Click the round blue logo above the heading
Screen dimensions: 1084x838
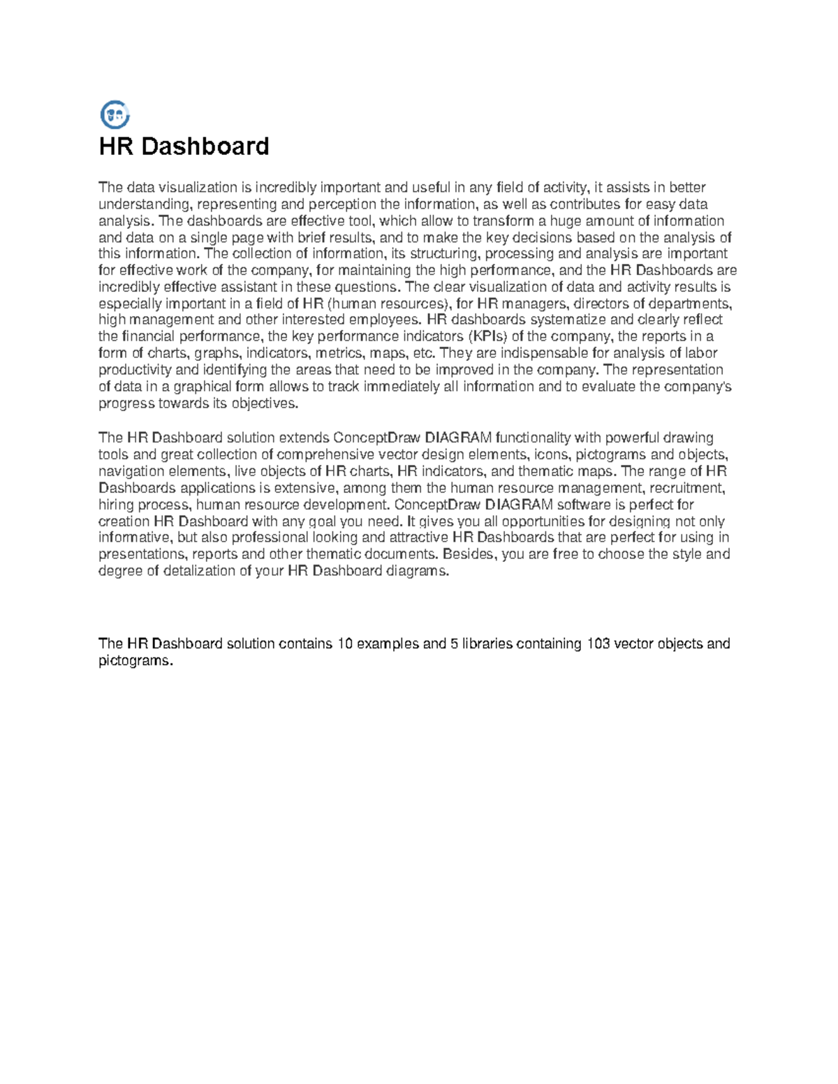click(x=115, y=114)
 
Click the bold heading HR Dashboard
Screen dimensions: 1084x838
click(x=184, y=147)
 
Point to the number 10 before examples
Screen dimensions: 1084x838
click(x=345, y=644)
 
